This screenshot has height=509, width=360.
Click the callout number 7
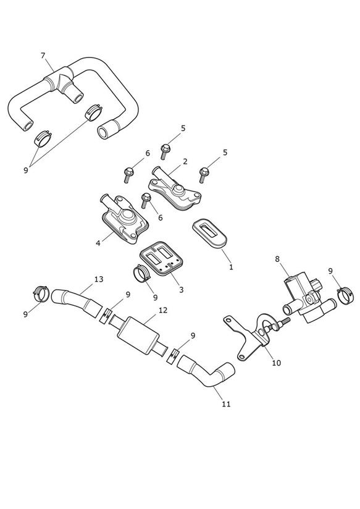[43, 56]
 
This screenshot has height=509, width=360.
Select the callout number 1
[231, 267]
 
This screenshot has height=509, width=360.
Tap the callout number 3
[181, 289]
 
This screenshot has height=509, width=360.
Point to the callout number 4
[98, 243]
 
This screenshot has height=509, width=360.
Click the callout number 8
[277, 259]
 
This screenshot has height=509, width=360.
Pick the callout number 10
[276, 363]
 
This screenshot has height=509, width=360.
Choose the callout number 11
[226, 404]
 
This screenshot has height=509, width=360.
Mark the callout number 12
[163, 310]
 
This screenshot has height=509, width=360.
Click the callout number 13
[99, 279]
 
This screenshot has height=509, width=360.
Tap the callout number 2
[185, 161]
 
